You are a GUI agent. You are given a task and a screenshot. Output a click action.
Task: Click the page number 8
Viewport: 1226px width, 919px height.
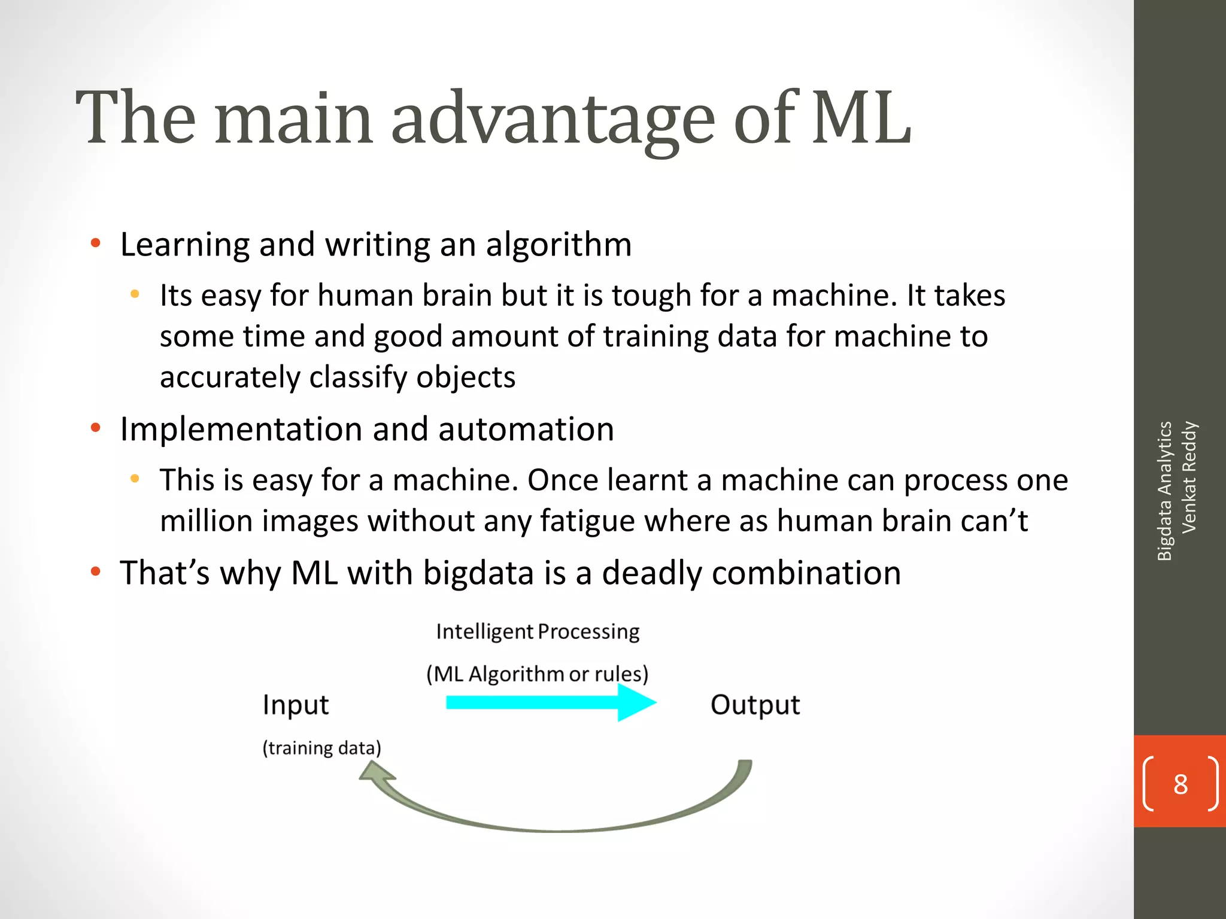(1180, 784)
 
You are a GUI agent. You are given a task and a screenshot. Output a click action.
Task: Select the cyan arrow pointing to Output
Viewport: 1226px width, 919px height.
(551, 702)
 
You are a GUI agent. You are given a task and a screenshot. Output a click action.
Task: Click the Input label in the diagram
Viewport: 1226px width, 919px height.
(296, 705)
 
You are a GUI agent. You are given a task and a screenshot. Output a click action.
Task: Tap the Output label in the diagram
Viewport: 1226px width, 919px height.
(755, 705)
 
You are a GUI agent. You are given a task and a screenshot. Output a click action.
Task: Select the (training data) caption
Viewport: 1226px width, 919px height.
(321, 748)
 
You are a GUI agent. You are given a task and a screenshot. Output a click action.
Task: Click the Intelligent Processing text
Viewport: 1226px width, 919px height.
(538, 632)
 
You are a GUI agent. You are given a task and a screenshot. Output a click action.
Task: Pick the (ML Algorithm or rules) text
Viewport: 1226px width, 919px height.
(538, 674)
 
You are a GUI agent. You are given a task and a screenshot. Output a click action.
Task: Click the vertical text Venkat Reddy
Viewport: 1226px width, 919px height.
(1189, 477)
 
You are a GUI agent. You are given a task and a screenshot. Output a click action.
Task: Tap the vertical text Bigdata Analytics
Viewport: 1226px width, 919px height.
(1164, 491)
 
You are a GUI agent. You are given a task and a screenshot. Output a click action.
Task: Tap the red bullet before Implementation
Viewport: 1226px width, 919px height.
(95, 428)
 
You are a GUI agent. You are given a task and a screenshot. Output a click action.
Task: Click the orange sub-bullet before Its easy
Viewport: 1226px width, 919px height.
(135, 294)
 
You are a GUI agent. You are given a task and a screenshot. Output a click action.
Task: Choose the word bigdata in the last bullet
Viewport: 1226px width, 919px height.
(478, 573)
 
